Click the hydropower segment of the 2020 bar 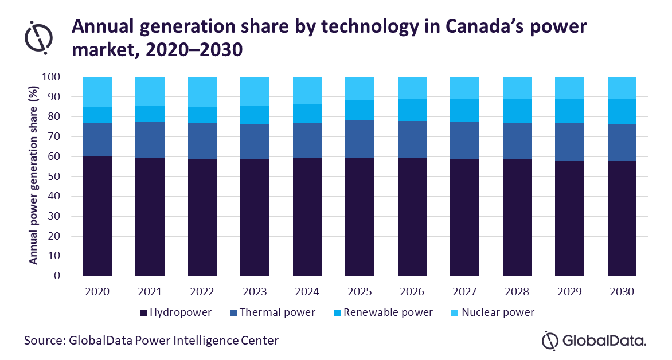97,216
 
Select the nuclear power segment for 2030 622,88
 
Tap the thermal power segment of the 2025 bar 360,139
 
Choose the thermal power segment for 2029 569,142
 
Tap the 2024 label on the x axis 307,292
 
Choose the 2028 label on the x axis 517,292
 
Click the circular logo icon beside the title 39,36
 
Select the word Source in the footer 44,341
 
